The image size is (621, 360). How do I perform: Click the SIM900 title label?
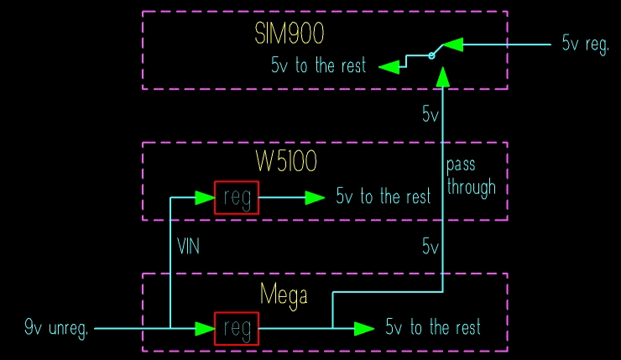pos(290,34)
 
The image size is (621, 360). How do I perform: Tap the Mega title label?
pos(284,295)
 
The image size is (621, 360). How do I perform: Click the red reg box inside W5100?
pos(237,197)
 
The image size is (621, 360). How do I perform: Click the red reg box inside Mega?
pos(237,328)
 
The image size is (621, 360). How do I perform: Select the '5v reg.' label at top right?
pos(585,44)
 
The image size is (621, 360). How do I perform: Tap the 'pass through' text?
pos(471,175)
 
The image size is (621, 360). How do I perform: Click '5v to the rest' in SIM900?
pos(319,66)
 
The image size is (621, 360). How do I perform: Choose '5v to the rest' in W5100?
pos(384,197)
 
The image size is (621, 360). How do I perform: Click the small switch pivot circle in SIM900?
pos(431,55)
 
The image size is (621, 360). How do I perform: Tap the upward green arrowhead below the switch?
pos(442,76)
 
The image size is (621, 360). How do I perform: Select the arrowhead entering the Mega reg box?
pos(204,328)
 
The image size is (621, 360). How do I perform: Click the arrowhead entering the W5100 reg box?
pos(204,197)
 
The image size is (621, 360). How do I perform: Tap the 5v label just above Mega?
pos(430,247)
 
